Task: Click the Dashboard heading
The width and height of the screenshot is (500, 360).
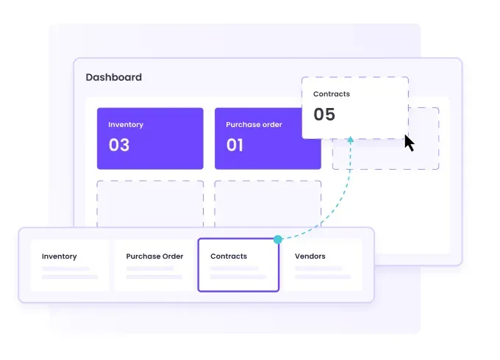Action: click(114, 77)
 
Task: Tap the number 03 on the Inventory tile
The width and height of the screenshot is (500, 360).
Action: click(119, 145)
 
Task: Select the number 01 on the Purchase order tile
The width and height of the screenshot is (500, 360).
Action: click(235, 145)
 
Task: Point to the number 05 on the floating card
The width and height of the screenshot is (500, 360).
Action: click(324, 115)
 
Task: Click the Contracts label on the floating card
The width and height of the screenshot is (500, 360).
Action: click(332, 94)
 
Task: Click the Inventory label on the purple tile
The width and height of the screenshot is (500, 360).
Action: click(126, 125)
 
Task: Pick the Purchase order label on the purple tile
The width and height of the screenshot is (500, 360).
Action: click(254, 125)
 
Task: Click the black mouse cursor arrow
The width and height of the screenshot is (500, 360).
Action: click(410, 143)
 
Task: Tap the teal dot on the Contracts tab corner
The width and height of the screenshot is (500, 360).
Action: click(278, 240)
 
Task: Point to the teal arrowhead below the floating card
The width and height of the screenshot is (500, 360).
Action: click(351, 139)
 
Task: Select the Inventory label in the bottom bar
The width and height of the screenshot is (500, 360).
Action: click(60, 256)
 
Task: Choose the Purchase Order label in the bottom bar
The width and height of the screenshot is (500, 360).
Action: click(154, 256)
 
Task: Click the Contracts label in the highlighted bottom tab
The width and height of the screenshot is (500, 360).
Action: click(229, 256)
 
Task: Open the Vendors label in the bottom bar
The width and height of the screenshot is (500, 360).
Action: click(310, 256)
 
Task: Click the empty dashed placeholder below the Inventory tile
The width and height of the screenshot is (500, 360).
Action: click(150, 204)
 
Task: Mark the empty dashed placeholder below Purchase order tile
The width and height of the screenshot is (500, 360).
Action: click(268, 204)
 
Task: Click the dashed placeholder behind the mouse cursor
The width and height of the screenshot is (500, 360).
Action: click(386, 139)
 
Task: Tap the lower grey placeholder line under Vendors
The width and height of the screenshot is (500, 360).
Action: click(323, 277)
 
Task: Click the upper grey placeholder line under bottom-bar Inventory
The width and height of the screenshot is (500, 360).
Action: click(65, 269)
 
